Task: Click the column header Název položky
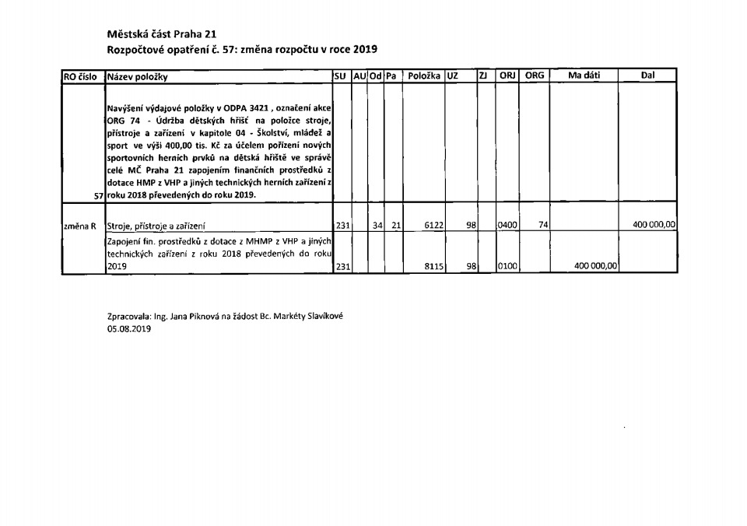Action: tap(138, 76)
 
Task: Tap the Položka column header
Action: tap(424, 76)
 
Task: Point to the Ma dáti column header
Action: tap(584, 75)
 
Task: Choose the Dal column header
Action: tap(647, 75)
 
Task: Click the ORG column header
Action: tap(535, 75)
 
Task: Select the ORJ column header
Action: tap(507, 75)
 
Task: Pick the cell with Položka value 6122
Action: tap(433, 226)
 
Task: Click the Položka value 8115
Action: tap(433, 266)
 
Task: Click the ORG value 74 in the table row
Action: tap(544, 226)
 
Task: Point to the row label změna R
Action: tap(79, 226)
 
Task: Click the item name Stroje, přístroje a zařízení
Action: tap(156, 226)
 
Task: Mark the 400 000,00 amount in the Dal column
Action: tap(651, 226)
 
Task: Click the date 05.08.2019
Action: tap(129, 329)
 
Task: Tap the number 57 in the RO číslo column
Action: tap(98, 196)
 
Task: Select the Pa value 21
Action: tap(395, 226)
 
